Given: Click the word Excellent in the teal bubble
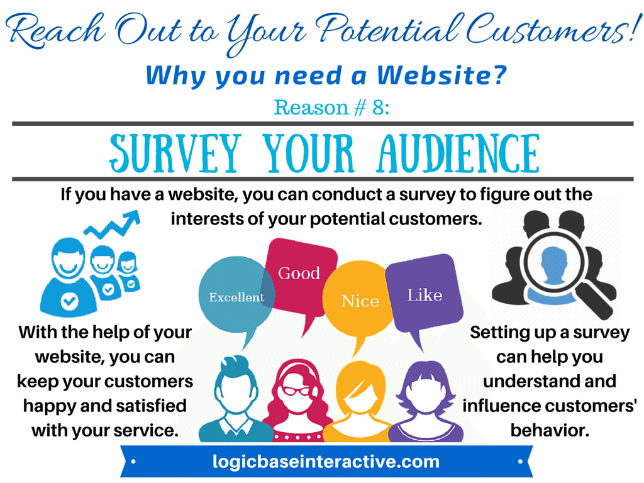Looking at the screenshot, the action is [236, 297].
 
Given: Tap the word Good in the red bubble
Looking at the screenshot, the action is [299, 273].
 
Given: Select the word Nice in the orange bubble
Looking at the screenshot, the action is [360, 301].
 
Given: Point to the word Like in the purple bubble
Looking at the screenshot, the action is [425, 295].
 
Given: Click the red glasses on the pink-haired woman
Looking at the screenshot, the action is [297, 391].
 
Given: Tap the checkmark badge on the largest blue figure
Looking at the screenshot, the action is [69, 301].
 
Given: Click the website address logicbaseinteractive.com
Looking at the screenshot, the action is [326, 462].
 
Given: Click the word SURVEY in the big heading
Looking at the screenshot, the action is [175, 153].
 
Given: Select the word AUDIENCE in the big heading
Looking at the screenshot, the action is [458, 153].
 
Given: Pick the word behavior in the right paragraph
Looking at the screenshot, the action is [550, 430].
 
